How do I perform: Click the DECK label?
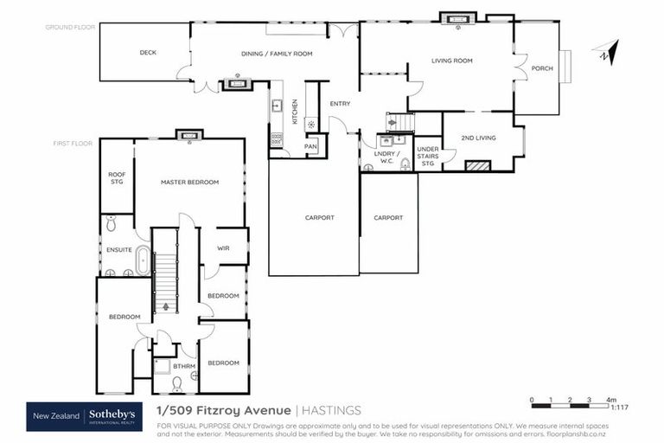point(148,53)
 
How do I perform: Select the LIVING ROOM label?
point(452,61)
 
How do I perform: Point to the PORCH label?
point(541,68)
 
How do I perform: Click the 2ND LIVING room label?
point(478,138)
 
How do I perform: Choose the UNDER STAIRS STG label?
point(428,155)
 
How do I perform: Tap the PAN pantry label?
point(310,146)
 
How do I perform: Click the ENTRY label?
point(340,104)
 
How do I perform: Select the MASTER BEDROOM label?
point(189,183)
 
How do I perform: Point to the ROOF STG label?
point(117,178)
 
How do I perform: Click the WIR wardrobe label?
point(223,248)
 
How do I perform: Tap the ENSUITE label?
point(118,250)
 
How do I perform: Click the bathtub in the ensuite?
point(142,260)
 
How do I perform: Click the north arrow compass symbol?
point(605,53)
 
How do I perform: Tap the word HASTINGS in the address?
point(332,410)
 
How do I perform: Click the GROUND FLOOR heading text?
point(70,28)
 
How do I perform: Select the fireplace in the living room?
point(456,18)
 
